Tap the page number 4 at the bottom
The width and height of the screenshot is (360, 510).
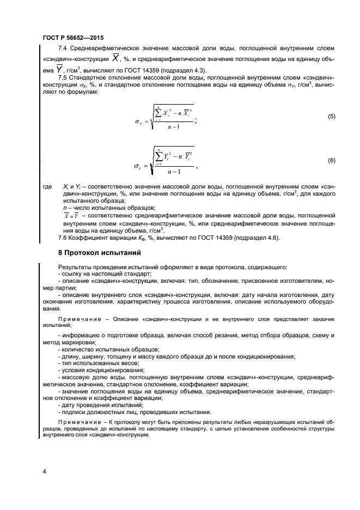[44, 470]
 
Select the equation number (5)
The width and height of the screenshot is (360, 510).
[331, 117]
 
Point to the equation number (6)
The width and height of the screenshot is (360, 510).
[331, 161]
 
